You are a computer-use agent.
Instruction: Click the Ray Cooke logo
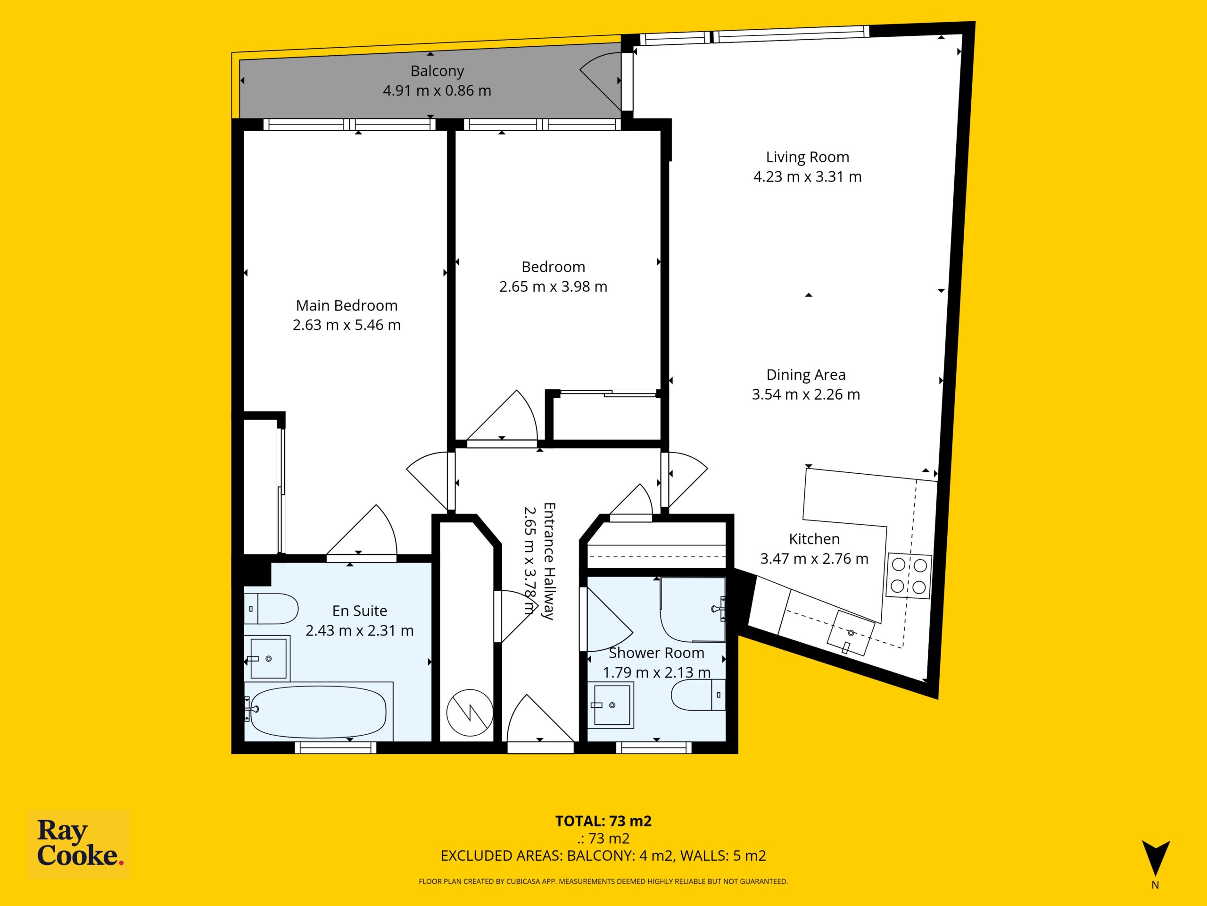coord(79,844)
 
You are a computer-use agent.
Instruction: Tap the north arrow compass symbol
coord(1156,858)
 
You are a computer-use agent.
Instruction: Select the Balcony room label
coord(437,71)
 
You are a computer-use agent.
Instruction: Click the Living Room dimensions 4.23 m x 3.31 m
coord(808,177)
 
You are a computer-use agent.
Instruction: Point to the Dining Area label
coord(806,375)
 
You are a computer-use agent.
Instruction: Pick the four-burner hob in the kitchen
coord(909,576)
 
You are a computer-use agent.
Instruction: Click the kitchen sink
coord(851,632)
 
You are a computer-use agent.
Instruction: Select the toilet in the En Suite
coord(271,608)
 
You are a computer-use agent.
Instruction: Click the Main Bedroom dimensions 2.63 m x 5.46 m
coord(347,325)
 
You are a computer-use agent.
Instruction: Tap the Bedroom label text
coord(554,267)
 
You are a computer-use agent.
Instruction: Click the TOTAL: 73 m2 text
coord(603,821)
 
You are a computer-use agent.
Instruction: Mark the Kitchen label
coord(814,539)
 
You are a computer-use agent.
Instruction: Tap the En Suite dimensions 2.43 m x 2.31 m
coord(360,630)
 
